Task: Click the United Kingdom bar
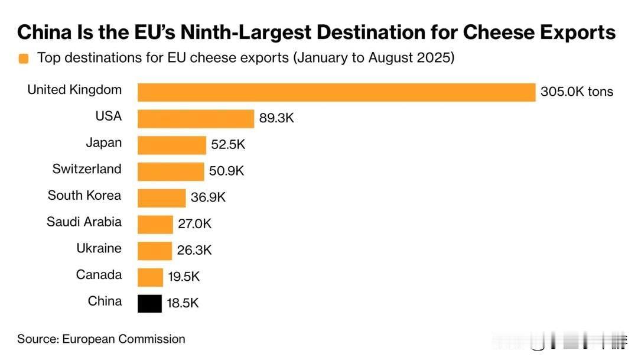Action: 337,92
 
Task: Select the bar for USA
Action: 196,118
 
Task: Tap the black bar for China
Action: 149,303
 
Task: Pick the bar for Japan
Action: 172,145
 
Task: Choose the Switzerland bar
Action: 171,171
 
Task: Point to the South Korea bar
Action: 161,197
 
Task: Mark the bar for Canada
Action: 150,277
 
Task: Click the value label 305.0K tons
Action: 577,92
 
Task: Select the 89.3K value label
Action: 276,118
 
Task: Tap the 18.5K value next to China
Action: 182,303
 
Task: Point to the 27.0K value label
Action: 194,224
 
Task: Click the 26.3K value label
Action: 194,251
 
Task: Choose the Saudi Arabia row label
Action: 84,222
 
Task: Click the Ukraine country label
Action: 99,248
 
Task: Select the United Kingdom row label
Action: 74,90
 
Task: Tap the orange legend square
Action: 24,59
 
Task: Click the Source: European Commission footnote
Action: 101,339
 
